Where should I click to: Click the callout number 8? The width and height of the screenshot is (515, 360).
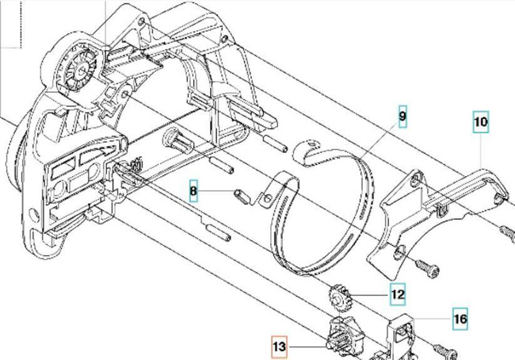tap(193, 191)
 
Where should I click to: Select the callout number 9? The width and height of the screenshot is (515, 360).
tap(402, 117)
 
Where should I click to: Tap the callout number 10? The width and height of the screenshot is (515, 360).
tap(481, 123)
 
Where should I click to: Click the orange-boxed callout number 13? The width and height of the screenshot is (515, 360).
tap(279, 346)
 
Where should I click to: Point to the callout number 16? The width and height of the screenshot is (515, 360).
tap(460, 319)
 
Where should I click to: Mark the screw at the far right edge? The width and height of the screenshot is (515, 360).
tap(507, 231)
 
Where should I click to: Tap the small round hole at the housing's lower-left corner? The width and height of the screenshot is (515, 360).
tap(33, 214)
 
